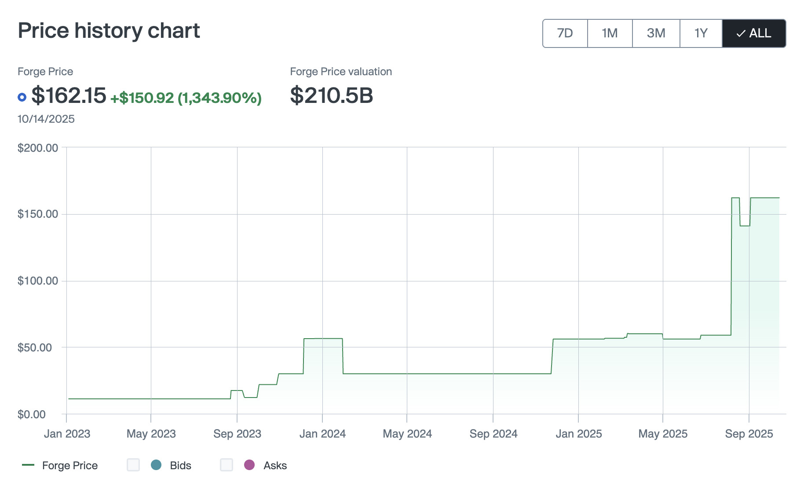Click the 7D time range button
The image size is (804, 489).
(565, 33)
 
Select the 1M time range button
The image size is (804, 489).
(610, 33)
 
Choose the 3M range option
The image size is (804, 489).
(656, 33)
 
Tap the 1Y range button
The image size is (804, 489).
(701, 33)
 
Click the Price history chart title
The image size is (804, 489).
(109, 31)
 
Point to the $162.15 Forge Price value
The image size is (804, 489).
(69, 95)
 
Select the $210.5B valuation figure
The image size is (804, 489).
(331, 95)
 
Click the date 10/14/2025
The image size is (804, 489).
(46, 119)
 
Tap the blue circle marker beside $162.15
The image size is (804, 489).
(22, 97)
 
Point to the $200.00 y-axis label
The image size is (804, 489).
(38, 148)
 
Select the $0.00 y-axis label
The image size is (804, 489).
(32, 414)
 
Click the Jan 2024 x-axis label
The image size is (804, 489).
(322, 434)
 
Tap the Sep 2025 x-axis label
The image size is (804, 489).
(749, 434)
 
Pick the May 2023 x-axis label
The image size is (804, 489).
(151, 434)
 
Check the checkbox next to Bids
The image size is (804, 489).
(133, 465)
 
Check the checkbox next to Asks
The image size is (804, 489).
(227, 465)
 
